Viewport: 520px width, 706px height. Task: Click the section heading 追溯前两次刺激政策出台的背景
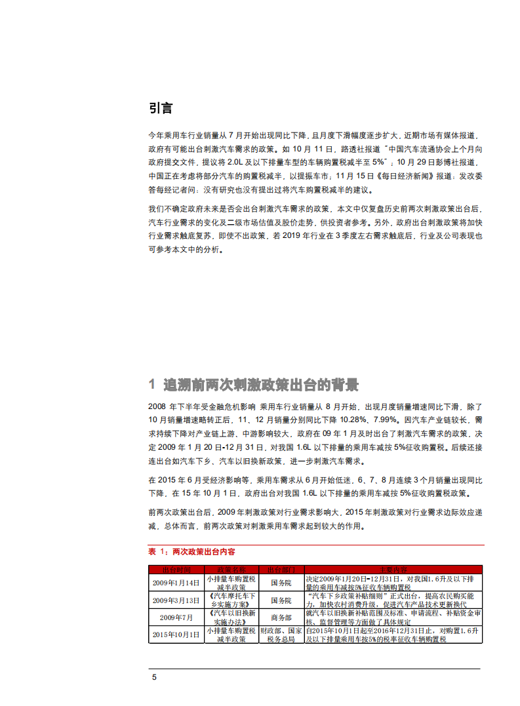(x=261, y=384)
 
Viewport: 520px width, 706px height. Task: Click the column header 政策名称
(x=231, y=570)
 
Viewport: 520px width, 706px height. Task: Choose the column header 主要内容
(x=393, y=570)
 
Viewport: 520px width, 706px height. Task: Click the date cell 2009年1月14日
(x=176, y=583)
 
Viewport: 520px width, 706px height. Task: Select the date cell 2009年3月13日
(x=176, y=600)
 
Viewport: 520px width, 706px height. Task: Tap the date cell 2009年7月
(x=176, y=617)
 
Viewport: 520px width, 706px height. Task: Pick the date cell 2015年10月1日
(x=176, y=634)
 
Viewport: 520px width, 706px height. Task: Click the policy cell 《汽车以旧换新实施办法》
(x=231, y=617)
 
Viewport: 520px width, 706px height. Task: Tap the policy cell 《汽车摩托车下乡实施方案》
(x=231, y=600)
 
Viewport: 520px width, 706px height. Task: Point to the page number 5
(x=154, y=677)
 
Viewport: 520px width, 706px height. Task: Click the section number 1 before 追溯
(x=151, y=384)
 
